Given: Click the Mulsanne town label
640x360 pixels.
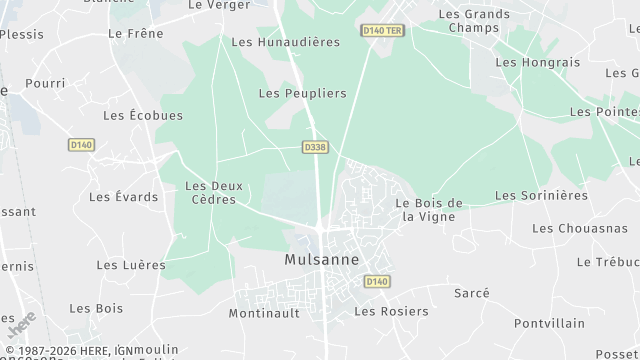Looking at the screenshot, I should [x=321, y=260].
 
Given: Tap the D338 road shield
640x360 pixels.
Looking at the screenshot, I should [x=314, y=147].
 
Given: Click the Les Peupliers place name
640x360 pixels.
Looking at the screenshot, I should [x=302, y=93].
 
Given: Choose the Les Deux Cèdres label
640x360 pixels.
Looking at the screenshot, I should [x=211, y=192].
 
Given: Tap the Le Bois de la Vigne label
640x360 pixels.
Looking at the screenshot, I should [x=429, y=210].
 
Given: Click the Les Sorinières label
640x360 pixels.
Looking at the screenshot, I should [x=541, y=195].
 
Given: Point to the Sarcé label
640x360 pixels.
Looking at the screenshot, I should [x=471, y=293].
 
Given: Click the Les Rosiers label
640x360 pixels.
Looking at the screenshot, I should [x=391, y=311].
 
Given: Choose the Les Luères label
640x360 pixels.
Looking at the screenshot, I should [x=131, y=265].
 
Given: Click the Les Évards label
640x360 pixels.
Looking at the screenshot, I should [x=123, y=197].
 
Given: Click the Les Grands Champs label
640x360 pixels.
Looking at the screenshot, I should [x=474, y=22].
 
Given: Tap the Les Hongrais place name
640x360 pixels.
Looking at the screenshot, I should [x=537, y=62].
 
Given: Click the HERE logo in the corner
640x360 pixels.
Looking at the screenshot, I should [x=21, y=325].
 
